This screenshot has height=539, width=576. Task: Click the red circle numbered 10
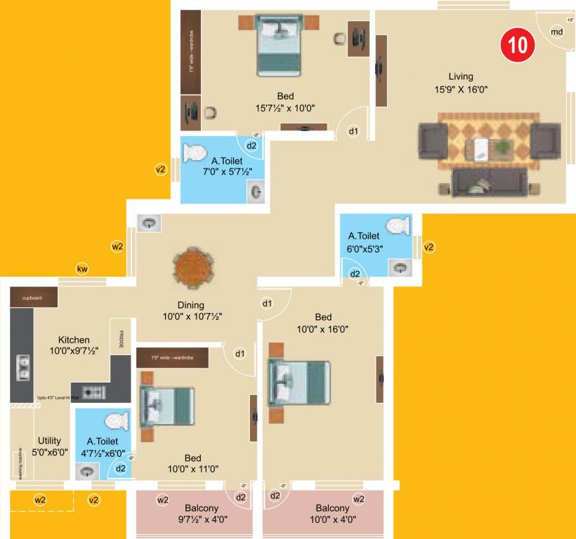[x=518, y=45]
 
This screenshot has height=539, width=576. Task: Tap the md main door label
[x=556, y=32]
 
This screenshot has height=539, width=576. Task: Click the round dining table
[x=192, y=267]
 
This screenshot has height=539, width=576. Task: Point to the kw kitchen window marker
[x=83, y=269]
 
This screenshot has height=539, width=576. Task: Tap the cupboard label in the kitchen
[x=32, y=298]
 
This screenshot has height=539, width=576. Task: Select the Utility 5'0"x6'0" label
[x=49, y=446]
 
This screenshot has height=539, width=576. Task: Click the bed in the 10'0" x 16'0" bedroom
[x=299, y=382]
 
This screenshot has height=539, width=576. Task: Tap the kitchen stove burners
[x=95, y=392]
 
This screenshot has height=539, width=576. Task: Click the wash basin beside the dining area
[x=149, y=223]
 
